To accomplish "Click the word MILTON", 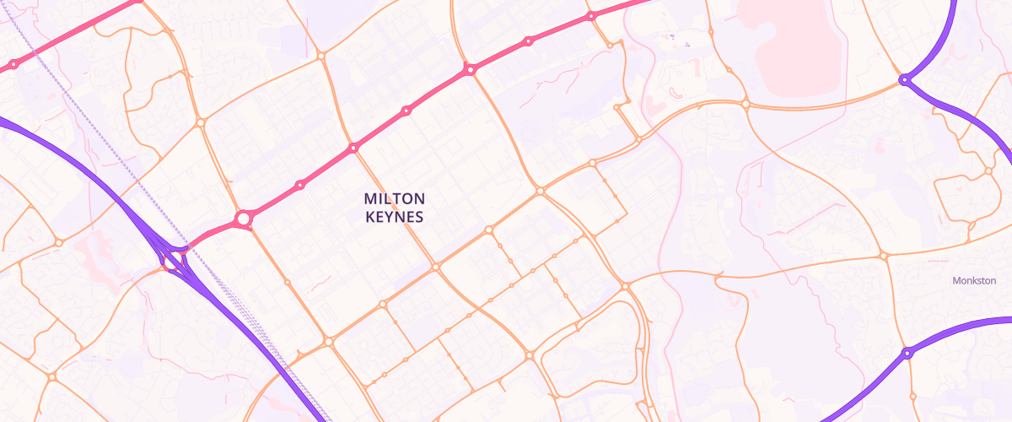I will click(x=395, y=198).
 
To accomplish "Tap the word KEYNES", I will click(x=395, y=216).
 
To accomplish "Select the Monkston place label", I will click(x=974, y=280).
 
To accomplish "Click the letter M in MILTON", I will click(x=370, y=198).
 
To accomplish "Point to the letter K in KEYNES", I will click(x=369, y=216).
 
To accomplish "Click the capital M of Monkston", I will click(x=955, y=280).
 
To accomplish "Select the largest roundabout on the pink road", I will click(x=243, y=219).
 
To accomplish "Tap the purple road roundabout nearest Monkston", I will click(x=907, y=353).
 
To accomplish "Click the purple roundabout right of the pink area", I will click(x=904, y=79).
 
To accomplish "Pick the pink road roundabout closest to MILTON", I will click(x=353, y=148).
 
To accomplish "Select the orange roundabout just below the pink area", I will click(x=746, y=104).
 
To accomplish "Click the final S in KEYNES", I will click(x=418, y=216).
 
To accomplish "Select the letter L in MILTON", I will click(x=389, y=198).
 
